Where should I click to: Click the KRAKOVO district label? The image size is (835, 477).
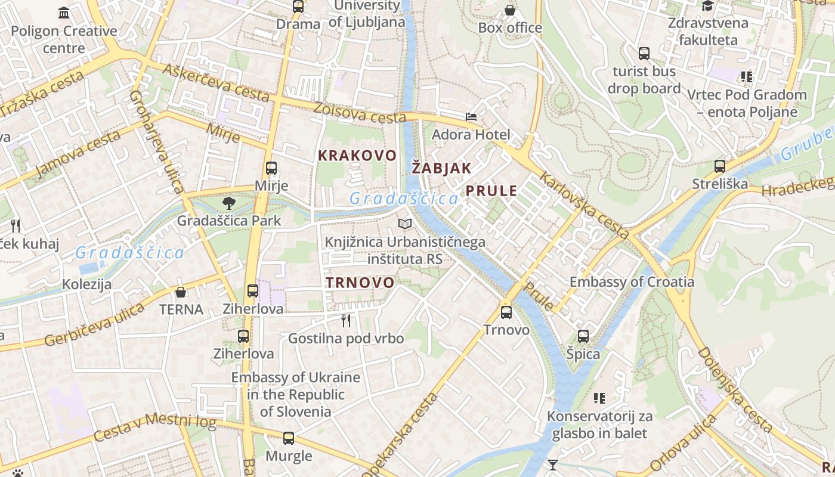[x=357, y=156]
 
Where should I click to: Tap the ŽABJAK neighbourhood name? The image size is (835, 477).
[x=441, y=168]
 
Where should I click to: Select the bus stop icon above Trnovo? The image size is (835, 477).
[x=506, y=312]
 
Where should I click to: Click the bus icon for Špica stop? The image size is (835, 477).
[x=583, y=336]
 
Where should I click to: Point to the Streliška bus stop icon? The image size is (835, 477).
[x=720, y=166]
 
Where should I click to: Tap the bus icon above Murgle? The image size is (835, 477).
[x=289, y=438]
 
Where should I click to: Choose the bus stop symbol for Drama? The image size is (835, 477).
[x=298, y=7]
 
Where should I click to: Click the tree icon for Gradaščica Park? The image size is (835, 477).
[x=228, y=204]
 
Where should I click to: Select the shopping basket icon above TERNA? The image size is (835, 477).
[x=181, y=292]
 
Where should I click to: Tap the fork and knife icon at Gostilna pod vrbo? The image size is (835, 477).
[x=346, y=321]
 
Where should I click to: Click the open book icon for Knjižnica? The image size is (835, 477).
[x=405, y=224]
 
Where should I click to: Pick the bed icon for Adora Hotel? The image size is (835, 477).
[x=471, y=116]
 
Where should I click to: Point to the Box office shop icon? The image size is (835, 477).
[x=510, y=10]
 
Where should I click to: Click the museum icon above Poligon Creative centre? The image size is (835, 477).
[x=64, y=13]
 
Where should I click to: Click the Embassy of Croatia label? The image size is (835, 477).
[x=632, y=281]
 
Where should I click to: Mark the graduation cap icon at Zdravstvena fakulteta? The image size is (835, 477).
[x=708, y=6]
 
